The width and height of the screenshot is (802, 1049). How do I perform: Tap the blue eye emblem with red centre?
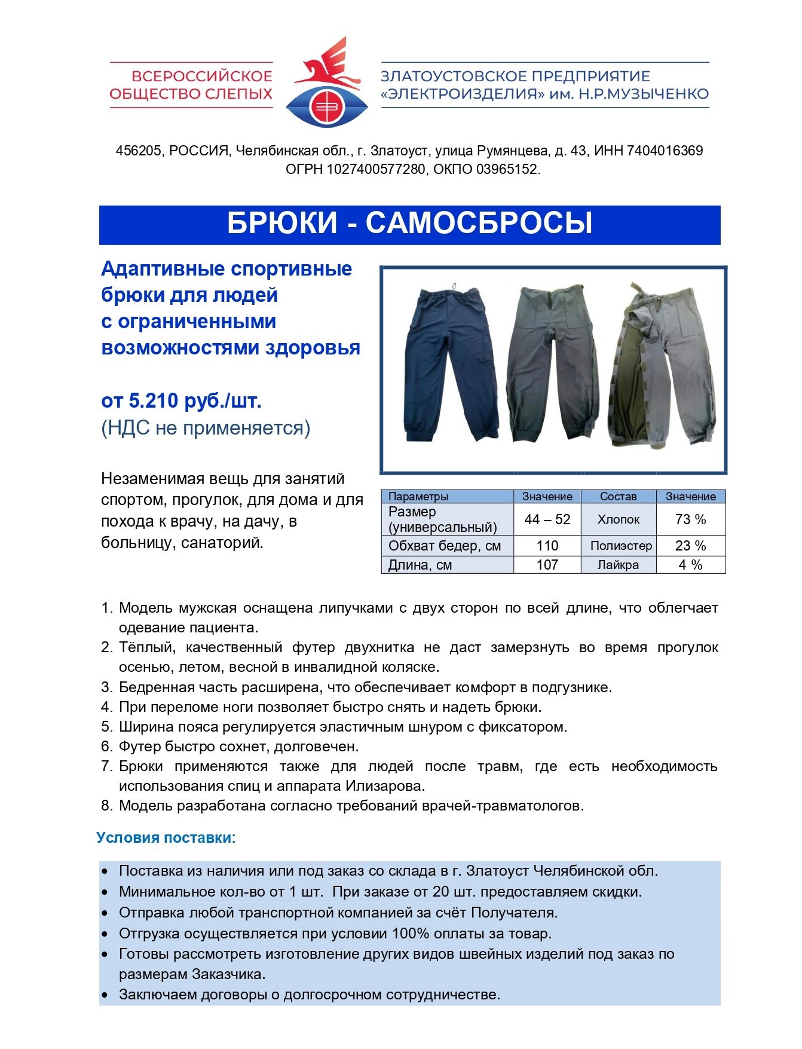[326, 107]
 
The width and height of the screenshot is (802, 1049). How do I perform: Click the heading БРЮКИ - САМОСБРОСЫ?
[409, 224]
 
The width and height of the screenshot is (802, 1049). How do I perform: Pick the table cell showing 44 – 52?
[547, 519]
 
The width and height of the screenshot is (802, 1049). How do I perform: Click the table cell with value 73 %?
[690, 519]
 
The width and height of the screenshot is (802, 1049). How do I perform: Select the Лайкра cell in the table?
[618, 565]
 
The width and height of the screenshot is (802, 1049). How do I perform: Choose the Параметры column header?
[418, 496]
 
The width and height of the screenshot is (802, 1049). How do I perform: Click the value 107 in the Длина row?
[547, 565]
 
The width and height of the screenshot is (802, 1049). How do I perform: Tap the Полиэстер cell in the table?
[621, 546]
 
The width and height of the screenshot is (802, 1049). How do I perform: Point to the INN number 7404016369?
[665, 151]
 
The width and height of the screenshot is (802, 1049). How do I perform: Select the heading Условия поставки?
[166, 837]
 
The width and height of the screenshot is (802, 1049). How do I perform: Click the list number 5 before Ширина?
[106, 727]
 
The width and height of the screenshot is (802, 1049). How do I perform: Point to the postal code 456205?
[138, 151]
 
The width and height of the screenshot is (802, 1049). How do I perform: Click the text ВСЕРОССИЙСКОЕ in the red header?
[201, 76]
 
